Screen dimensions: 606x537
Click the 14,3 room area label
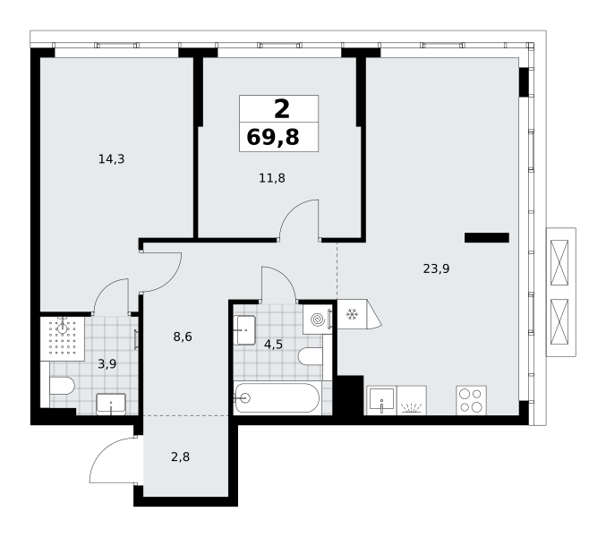tap(111, 158)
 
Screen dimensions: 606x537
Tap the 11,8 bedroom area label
tap(272, 178)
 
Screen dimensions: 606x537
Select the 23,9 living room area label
tap(436, 268)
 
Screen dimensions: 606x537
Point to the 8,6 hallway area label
tap(183, 337)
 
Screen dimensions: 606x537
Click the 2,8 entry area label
tap(180, 457)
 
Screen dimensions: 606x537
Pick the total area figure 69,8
tap(273, 137)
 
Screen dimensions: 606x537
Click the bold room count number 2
tap(282, 109)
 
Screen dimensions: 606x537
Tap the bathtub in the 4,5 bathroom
tap(277, 398)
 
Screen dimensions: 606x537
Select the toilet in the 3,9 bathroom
tap(62, 386)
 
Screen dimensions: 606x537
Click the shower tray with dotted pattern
tap(63, 339)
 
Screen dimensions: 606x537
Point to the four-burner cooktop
tap(471, 400)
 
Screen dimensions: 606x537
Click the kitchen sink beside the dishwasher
tap(381, 400)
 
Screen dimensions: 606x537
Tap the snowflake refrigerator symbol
tap(352, 314)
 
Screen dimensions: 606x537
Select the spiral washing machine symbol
tap(318, 320)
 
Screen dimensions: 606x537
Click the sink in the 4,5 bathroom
tap(244, 330)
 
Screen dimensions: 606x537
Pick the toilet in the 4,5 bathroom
tap(311, 356)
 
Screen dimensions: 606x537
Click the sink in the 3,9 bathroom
tap(111, 405)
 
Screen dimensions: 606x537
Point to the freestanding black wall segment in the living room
tap(487, 237)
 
